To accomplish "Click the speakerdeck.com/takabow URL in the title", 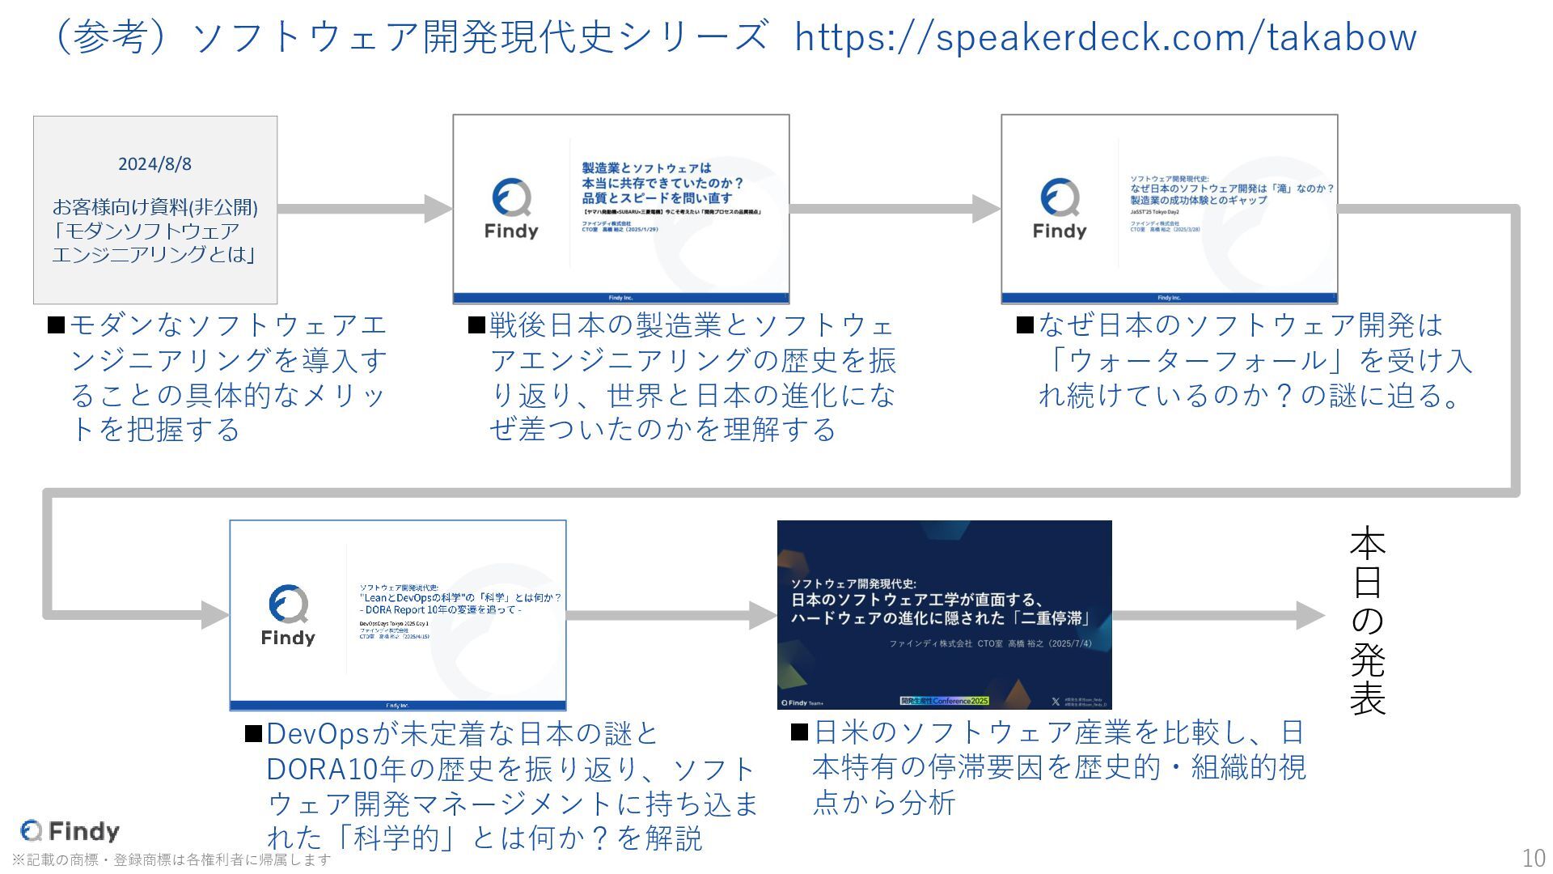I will tap(1105, 37).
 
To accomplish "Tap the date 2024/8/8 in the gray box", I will tap(154, 164).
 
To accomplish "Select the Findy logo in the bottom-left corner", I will tap(70, 831).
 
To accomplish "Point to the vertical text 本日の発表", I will tap(1367, 621).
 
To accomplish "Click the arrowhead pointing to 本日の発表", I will tap(1310, 616).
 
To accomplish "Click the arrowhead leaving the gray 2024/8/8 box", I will tap(438, 209).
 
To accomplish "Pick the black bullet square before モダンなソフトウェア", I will tap(57, 325).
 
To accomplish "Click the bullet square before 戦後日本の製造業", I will tap(476, 325).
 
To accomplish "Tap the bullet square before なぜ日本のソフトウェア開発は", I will tap(1025, 325).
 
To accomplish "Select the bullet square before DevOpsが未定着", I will tap(253, 734).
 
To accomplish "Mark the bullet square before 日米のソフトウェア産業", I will tap(799, 732).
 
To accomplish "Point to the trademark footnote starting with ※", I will tap(171, 859).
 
